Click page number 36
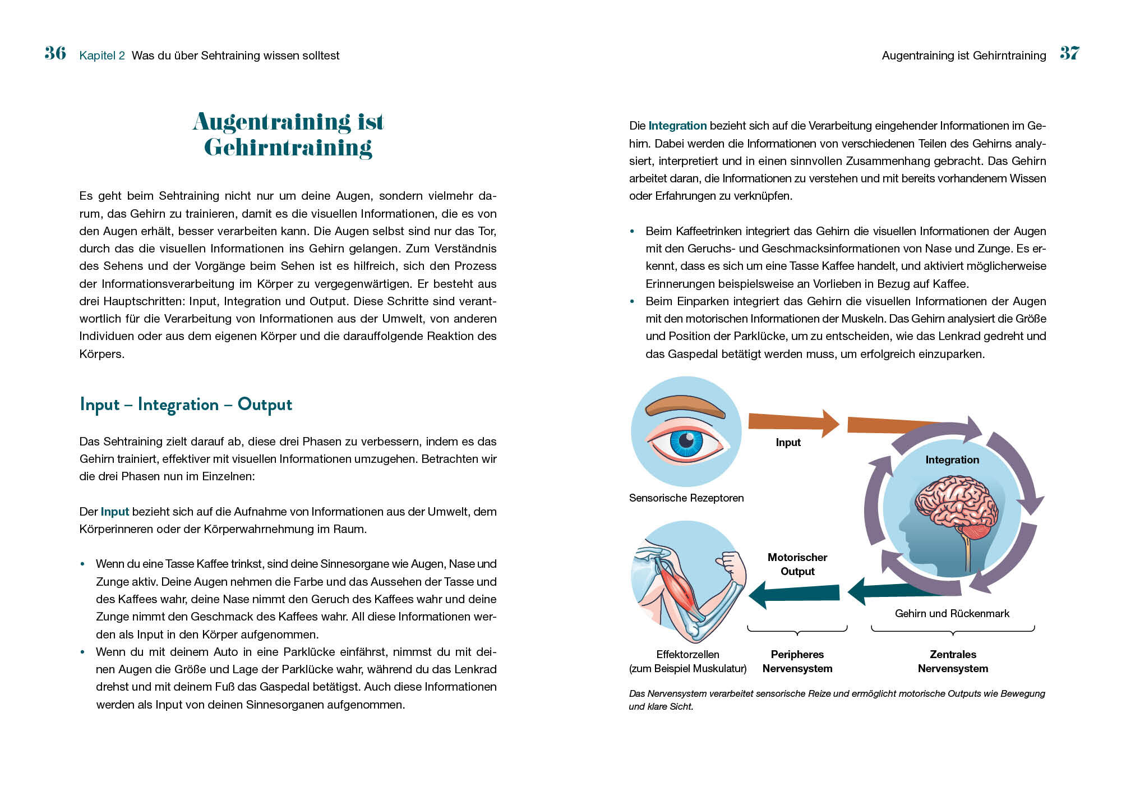55,53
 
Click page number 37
1069,53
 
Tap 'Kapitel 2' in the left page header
102,56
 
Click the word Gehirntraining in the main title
288,148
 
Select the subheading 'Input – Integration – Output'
186,405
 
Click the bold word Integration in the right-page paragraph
677,126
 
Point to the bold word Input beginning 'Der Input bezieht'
114,512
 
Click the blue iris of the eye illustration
686,442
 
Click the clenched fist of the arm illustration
730,562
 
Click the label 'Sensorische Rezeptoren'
686,498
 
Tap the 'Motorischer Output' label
797,564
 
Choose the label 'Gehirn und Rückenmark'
952,614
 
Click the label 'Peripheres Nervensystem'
797,661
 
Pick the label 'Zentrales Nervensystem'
953,661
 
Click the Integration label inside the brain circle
952,460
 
